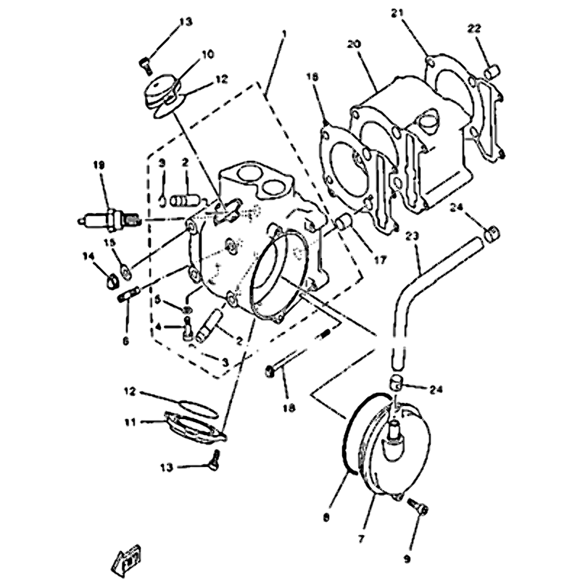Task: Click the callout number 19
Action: [99, 166]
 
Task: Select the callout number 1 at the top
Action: [284, 34]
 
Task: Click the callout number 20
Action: [355, 44]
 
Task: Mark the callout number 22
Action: [473, 28]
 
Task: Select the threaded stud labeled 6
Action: [128, 295]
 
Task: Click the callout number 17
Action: [380, 259]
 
